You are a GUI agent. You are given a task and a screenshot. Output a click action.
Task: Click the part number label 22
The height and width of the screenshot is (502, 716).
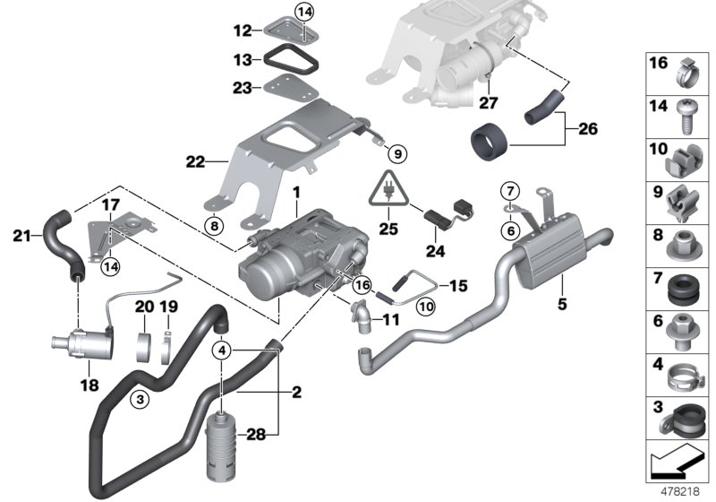(x=194, y=162)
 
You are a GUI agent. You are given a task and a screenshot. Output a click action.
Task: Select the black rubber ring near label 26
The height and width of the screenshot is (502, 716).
(x=489, y=141)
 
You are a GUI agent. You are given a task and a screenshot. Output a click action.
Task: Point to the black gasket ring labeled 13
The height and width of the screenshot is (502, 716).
(x=289, y=62)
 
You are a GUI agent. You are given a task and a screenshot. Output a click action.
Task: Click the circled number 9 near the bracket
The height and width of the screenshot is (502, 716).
(x=397, y=152)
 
